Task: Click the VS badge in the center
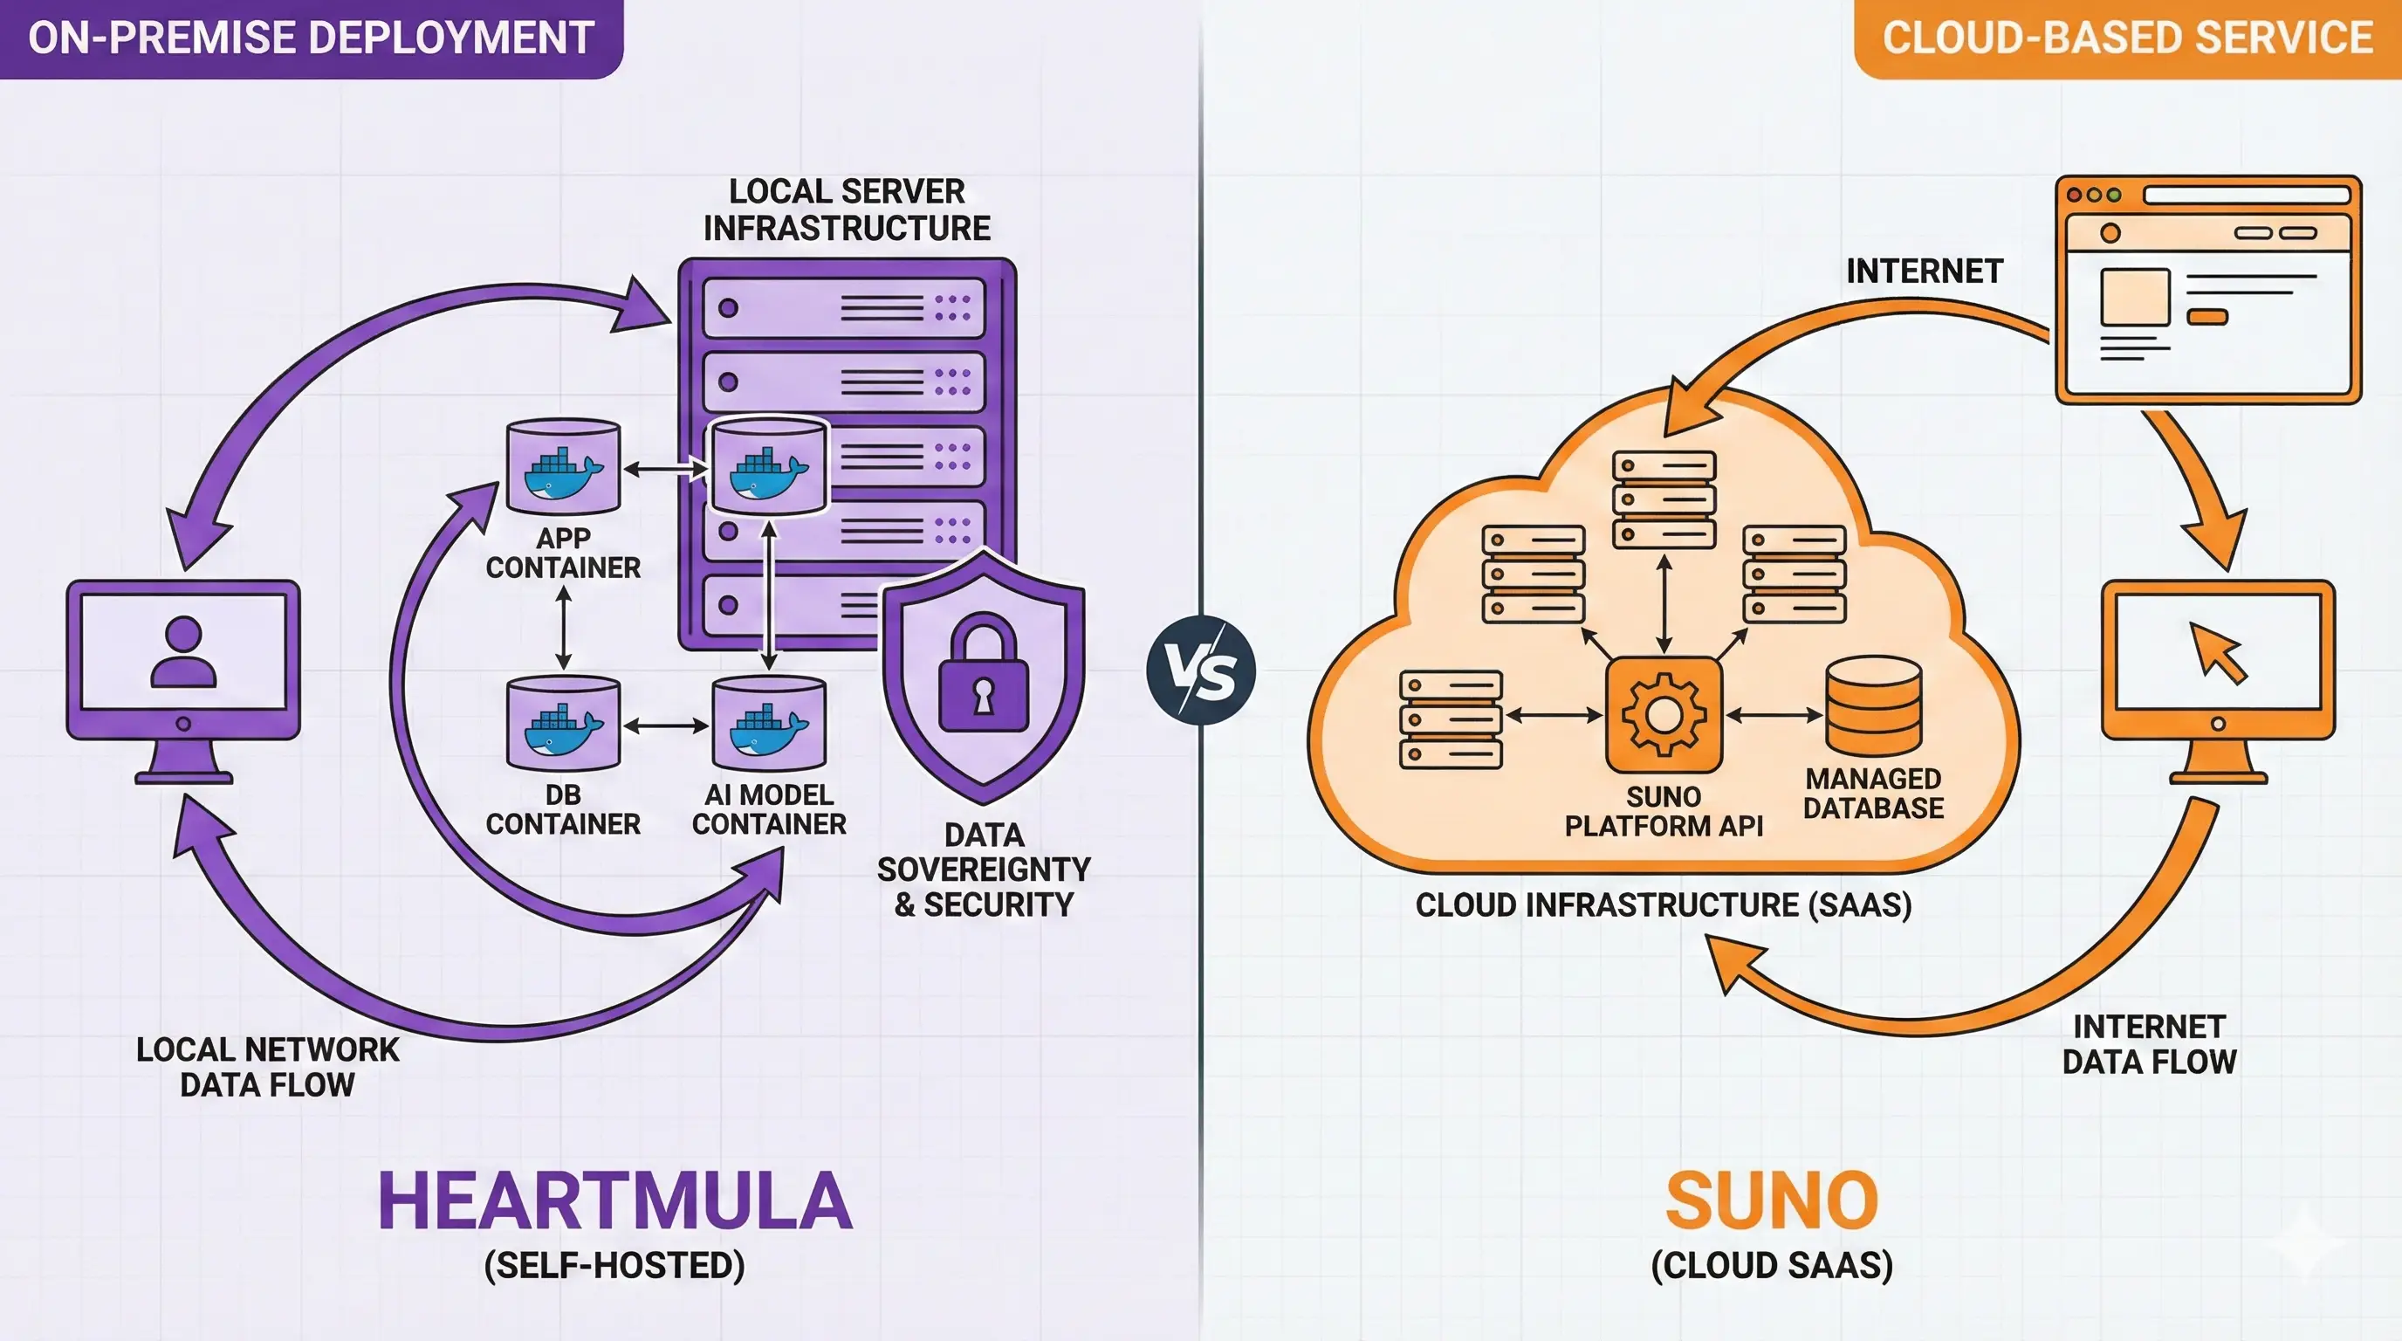tap(1201, 670)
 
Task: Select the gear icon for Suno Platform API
tap(1664, 715)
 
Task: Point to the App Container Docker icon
tap(563, 465)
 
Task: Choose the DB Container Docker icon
tap(563, 724)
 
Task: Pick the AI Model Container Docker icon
tap(769, 724)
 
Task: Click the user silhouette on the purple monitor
tap(183, 652)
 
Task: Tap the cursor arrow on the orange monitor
tap(2220, 653)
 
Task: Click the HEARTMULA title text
tap(614, 1201)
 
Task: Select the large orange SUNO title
tap(1772, 1201)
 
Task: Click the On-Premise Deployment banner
tap(312, 38)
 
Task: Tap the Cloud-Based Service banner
tap(2128, 38)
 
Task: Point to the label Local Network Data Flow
tap(268, 1067)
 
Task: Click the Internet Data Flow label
tap(2149, 1043)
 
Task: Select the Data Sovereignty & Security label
tap(984, 870)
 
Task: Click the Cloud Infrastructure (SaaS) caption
tap(1664, 904)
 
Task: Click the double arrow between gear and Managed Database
tap(1774, 715)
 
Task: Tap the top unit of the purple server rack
tap(844, 307)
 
